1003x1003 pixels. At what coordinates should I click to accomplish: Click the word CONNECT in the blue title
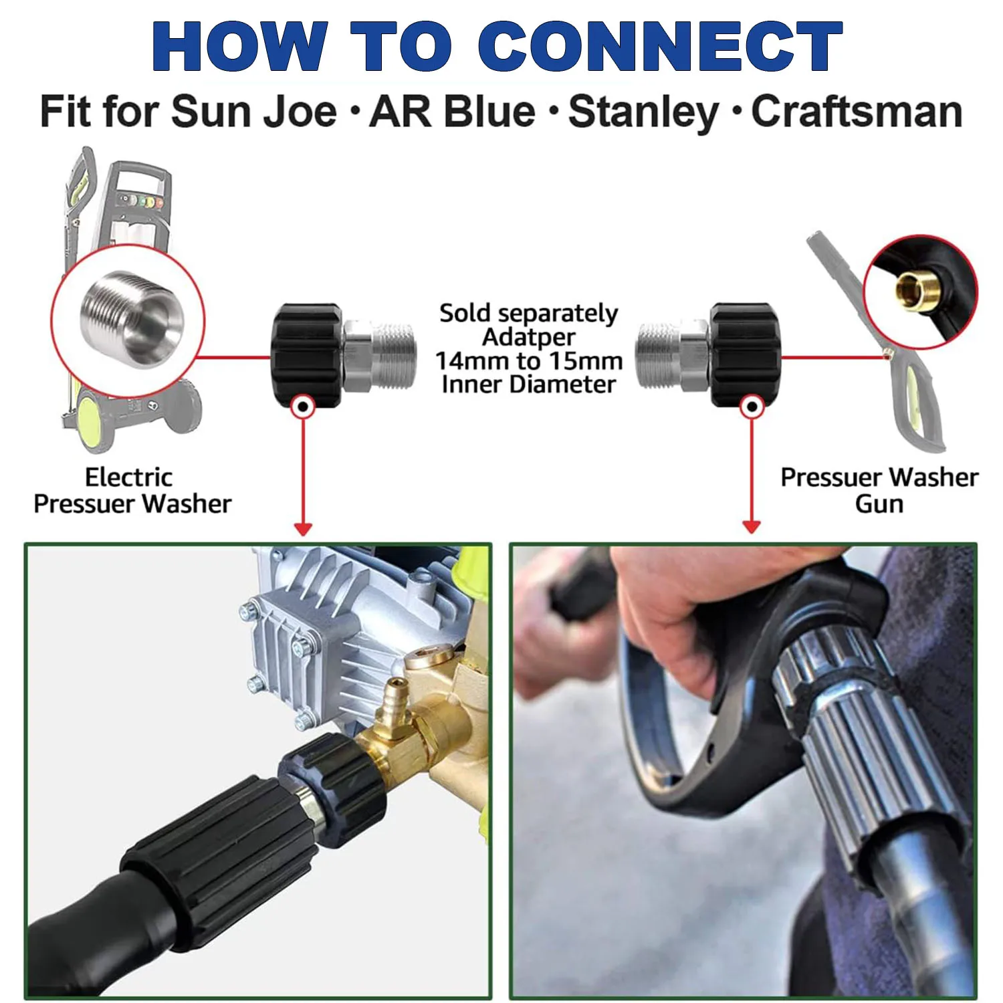point(660,46)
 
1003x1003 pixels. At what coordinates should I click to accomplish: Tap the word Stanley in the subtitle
point(643,112)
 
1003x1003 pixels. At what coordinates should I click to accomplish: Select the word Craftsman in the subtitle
point(857,112)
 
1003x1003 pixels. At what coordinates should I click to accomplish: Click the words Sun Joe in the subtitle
point(254,112)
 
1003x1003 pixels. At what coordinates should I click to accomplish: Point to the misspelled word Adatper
point(528,337)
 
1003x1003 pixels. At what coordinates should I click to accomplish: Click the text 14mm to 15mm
point(528,361)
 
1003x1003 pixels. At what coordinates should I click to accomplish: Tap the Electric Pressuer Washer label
point(132,490)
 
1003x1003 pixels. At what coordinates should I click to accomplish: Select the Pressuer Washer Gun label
point(879,490)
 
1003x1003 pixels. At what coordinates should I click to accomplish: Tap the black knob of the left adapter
point(307,354)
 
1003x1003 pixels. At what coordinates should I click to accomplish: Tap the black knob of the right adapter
point(744,354)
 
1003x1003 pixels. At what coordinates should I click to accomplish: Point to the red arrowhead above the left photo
point(303,529)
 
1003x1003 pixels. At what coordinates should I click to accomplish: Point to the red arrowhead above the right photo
point(752,528)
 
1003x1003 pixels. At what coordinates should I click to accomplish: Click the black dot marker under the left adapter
point(303,406)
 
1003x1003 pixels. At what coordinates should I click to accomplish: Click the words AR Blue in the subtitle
point(452,112)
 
